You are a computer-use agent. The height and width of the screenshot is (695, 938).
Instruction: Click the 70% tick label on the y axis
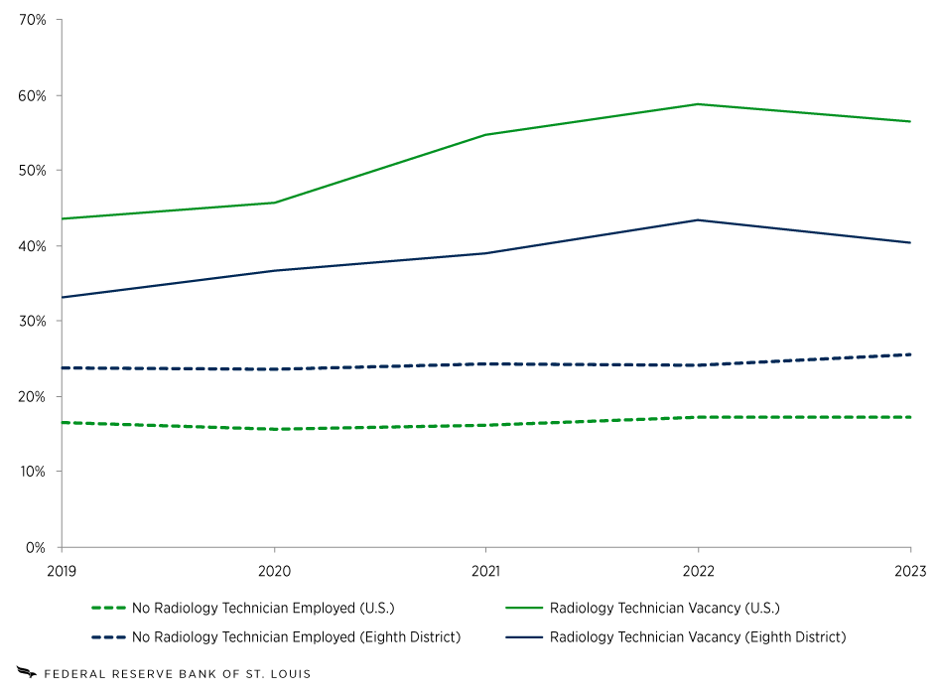(x=33, y=20)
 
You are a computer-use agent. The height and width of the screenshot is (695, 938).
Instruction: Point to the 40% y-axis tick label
(x=33, y=246)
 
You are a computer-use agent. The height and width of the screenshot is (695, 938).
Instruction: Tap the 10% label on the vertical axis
(x=33, y=472)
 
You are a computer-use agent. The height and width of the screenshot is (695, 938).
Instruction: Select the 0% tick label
(x=37, y=547)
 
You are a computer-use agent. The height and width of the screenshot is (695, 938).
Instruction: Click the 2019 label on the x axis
(x=62, y=571)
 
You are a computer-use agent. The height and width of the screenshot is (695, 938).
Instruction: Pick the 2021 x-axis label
(x=485, y=571)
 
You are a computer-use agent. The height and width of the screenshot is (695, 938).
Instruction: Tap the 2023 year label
(x=910, y=571)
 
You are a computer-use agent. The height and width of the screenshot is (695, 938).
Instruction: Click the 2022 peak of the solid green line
(x=698, y=104)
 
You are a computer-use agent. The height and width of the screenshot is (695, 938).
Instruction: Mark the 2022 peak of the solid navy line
(x=698, y=220)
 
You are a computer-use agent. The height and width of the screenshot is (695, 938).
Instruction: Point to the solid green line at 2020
(x=274, y=203)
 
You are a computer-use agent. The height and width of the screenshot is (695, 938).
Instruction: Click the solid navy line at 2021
(x=485, y=253)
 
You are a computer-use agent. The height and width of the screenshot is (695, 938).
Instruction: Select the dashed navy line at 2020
(x=274, y=369)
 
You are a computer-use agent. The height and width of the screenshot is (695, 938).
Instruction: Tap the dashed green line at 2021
(x=485, y=425)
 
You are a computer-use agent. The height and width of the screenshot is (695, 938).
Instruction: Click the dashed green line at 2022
(x=698, y=417)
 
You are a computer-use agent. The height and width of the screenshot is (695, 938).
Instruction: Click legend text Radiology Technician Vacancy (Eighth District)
(x=697, y=636)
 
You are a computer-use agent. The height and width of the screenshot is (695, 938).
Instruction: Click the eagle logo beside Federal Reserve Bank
(x=26, y=674)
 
